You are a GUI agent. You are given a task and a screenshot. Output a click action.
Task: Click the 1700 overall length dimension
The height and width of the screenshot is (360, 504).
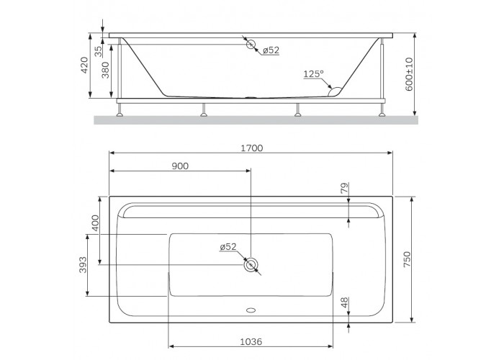pos(252,148)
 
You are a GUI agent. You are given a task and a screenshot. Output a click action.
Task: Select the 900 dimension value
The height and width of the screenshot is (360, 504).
pos(180,166)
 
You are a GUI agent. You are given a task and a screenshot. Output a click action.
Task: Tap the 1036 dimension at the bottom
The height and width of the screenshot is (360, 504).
pos(251,342)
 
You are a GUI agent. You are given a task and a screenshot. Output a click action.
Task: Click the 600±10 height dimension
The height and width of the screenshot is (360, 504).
pos(409,74)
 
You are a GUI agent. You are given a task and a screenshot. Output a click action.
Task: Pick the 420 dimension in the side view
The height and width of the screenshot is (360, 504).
pos(84,65)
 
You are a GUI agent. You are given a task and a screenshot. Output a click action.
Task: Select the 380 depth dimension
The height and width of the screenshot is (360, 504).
pos(105,70)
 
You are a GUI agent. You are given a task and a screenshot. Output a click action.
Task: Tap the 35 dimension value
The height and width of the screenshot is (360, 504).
pos(99,51)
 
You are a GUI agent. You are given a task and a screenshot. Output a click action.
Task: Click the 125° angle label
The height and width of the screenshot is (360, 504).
pos(313,74)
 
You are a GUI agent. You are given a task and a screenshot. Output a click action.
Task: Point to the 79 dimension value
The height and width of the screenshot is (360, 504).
pos(344,188)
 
